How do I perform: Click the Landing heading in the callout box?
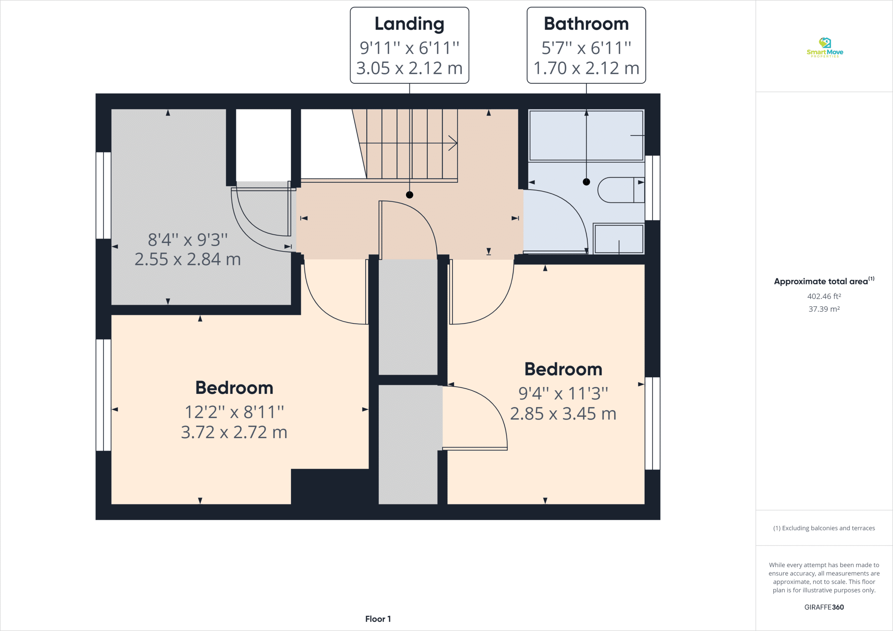click(x=409, y=24)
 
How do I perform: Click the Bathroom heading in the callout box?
click(x=586, y=24)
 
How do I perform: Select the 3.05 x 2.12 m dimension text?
click(x=409, y=68)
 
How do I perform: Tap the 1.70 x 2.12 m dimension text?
click(x=586, y=68)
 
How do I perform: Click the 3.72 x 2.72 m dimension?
click(x=234, y=432)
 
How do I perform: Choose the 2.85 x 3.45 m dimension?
click(x=563, y=414)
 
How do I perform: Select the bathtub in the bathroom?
click(x=586, y=135)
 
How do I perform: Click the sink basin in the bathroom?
click(x=618, y=239)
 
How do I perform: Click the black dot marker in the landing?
click(x=410, y=195)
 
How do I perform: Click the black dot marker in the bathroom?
click(x=586, y=182)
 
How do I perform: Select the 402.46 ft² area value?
click(x=824, y=296)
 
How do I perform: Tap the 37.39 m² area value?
click(x=824, y=309)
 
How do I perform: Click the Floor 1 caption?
click(x=378, y=619)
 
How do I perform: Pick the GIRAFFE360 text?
click(x=824, y=607)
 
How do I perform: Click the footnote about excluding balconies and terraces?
click(x=824, y=528)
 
